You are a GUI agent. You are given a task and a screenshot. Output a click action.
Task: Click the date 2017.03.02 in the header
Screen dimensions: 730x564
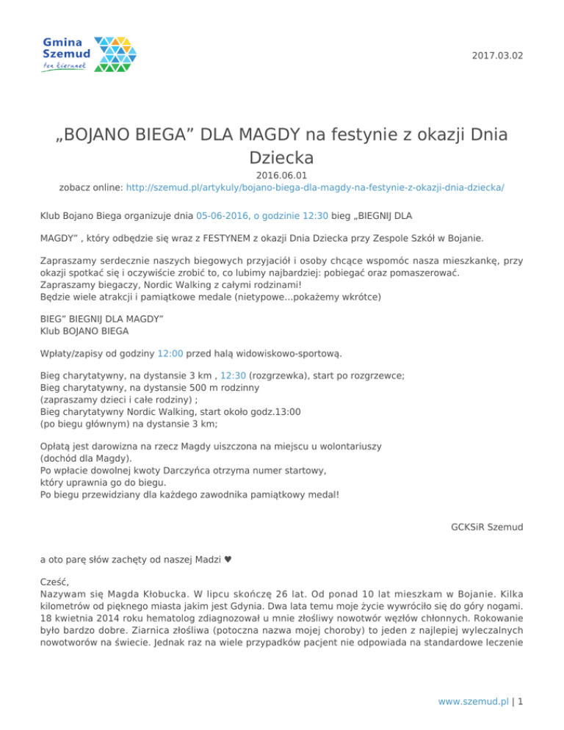click(x=499, y=56)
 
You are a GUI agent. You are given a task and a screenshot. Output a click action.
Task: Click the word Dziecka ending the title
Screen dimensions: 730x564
click(x=281, y=157)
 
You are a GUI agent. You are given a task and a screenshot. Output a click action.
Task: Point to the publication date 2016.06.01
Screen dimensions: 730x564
click(x=281, y=176)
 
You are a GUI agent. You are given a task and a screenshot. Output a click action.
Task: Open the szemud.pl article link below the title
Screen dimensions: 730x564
click(x=315, y=187)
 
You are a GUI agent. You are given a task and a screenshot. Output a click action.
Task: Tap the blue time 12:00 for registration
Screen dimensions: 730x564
click(x=171, y=353)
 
